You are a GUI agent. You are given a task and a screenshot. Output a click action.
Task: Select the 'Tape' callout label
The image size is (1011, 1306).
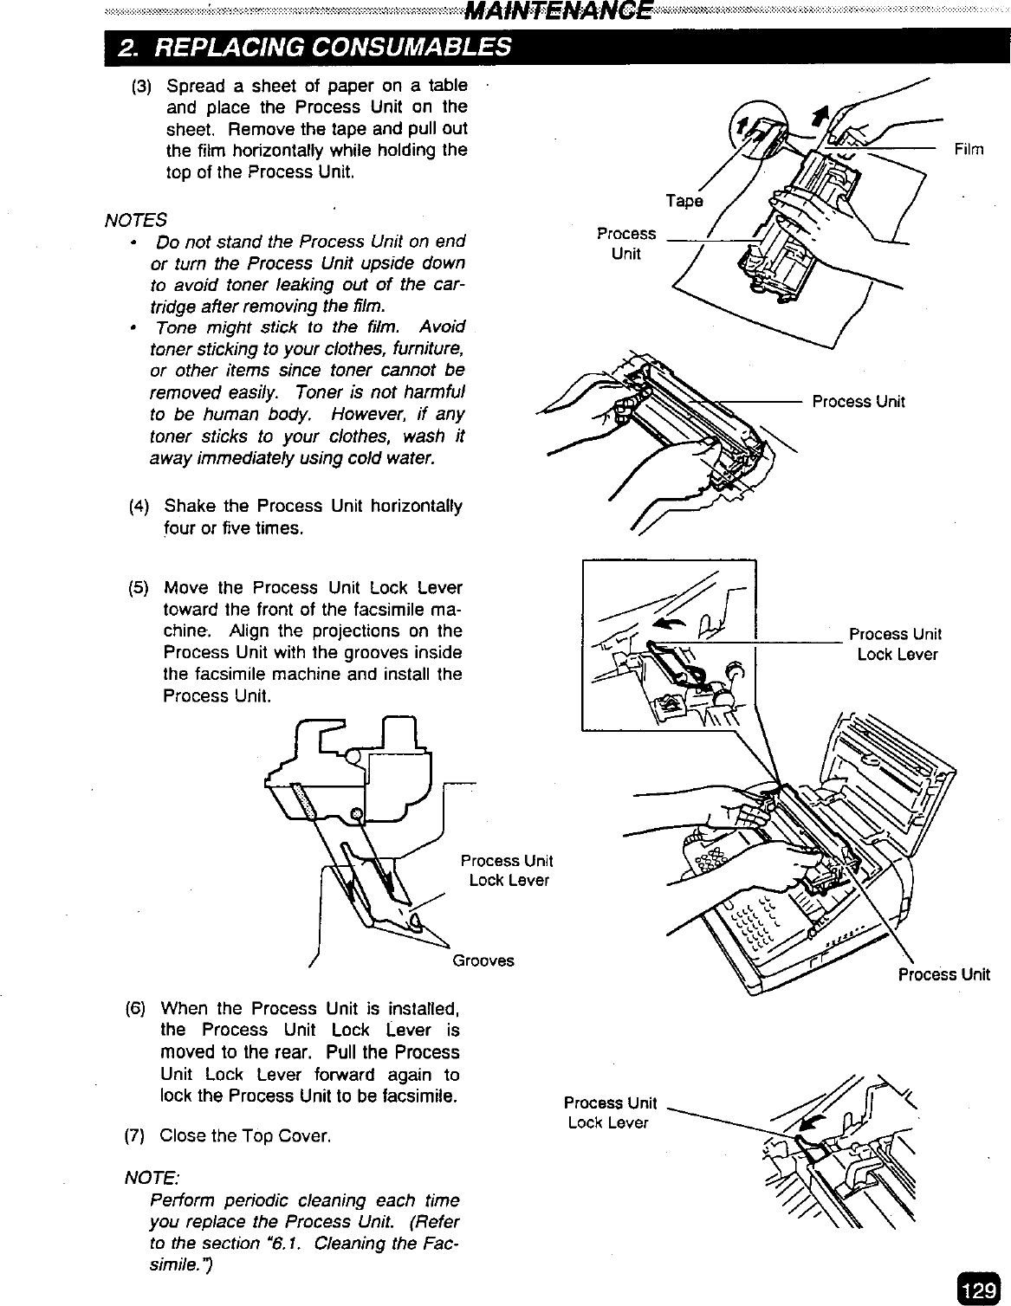tap(684, 201)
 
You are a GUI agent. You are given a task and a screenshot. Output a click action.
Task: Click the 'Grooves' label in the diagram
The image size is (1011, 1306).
tap(483, 960)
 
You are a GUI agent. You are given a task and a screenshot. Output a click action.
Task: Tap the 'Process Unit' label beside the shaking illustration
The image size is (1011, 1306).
tap(858, 401)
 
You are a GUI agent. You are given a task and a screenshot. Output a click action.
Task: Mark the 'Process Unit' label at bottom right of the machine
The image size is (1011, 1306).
tap(943, 974)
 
